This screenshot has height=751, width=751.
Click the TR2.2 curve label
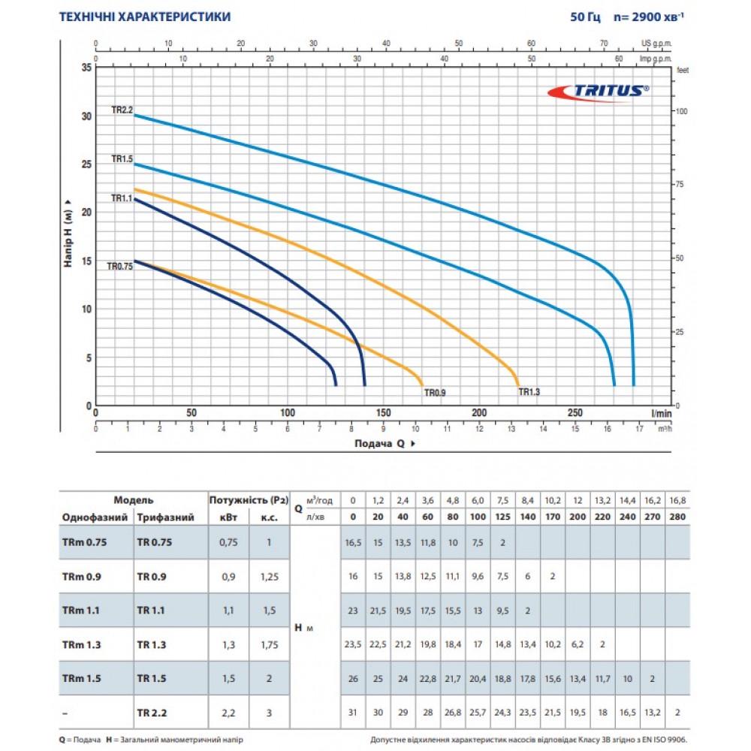[122, 110]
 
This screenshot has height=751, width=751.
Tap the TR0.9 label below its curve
[436, 392]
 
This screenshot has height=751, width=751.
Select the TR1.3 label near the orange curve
[529, 391]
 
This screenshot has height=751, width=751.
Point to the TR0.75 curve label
[119, 266]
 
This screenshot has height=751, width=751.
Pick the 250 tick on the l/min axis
[575, 413]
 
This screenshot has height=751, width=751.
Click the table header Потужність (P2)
[249, 499]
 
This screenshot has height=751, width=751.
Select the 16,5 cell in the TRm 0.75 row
[353, 544]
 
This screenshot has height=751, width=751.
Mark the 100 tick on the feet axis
[681, 111]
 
